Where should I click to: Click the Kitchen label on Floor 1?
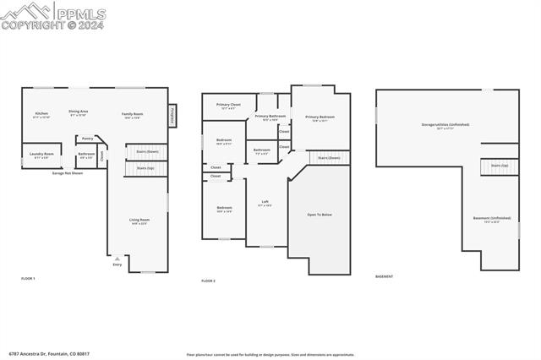tap(41, 113)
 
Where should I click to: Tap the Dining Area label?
tap(79, 112)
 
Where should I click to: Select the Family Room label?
tap(132, 114)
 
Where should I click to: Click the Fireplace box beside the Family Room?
tap(172, 114)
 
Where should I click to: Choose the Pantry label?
tap(87, 139)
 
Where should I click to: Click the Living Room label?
tap(139, 221)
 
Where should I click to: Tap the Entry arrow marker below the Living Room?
tap(117, 259)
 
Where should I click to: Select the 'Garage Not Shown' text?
tap(67, 172)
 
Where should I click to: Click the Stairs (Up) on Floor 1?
tap(145, 168)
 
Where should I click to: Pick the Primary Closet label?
tap(228, 106)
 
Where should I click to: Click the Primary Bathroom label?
tap(270, 117)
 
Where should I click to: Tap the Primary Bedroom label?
tap(320, 117)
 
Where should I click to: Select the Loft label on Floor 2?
tap(265, 203)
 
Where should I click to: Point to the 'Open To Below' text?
tap(319, 215)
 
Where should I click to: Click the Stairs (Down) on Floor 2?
tap(329, 157)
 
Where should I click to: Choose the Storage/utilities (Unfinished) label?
tap(445, 125)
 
